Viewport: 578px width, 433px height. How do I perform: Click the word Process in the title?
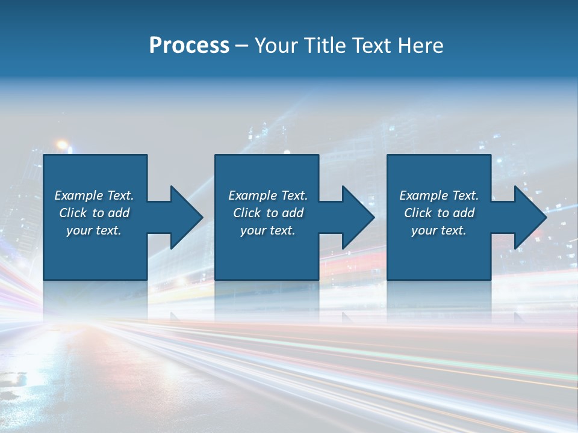point(189,46)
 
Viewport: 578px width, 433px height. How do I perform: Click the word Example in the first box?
point(79,195)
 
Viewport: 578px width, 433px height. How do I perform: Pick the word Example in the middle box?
point(253,195)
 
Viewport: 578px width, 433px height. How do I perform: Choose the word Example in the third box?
point(424,195)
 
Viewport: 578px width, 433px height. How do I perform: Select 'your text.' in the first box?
point(94,230)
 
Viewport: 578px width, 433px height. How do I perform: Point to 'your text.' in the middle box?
point(268,230)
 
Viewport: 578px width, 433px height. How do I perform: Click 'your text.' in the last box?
point(439,230)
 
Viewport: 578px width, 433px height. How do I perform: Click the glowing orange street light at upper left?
point(62,145)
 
